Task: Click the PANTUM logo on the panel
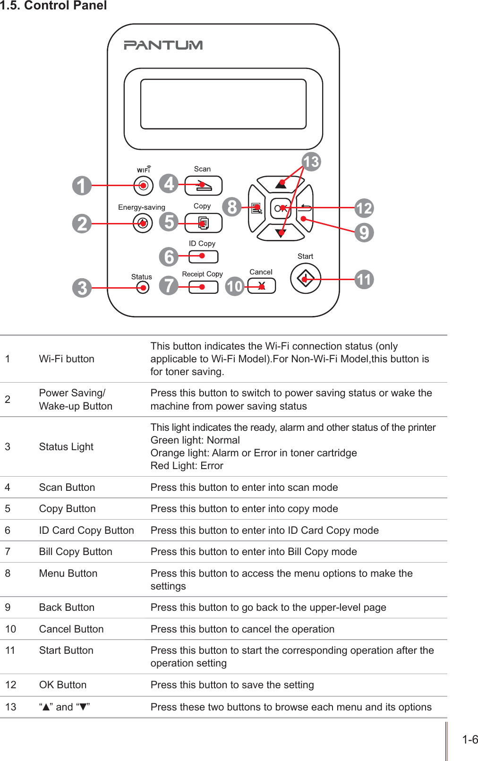coord(163,45)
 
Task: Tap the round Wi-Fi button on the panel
coord(143,186)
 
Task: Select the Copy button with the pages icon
coord(203,223)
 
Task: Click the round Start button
coord(305,279)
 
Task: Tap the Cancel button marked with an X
coord(261,286)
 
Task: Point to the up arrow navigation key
coord(281,184)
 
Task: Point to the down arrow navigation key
coord(281,232)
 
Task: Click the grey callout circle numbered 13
coord(311,162)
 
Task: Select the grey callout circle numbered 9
coord(364,232)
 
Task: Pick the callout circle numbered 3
coord(82,288)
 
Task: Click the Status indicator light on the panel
coord(142,287)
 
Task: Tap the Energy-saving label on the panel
coord(141,207)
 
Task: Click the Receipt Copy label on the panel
coord(202,274)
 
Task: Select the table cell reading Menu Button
coord(68,573)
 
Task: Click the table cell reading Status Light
coord(66,447)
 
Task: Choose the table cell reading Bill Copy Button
coord(76,552)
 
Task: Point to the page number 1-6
coord(469,740)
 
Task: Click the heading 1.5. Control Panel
coord(53,6)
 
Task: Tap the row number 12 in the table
coord(11,685)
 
